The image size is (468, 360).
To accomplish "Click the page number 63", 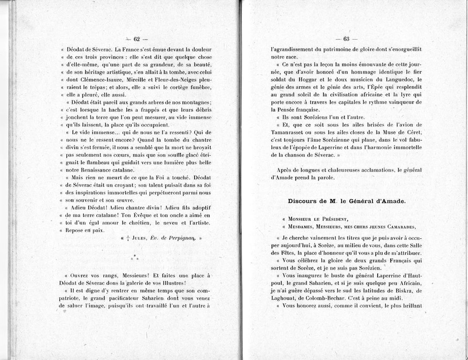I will (x=346, y=39).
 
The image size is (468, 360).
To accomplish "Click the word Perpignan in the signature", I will (x=180, y=238).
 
